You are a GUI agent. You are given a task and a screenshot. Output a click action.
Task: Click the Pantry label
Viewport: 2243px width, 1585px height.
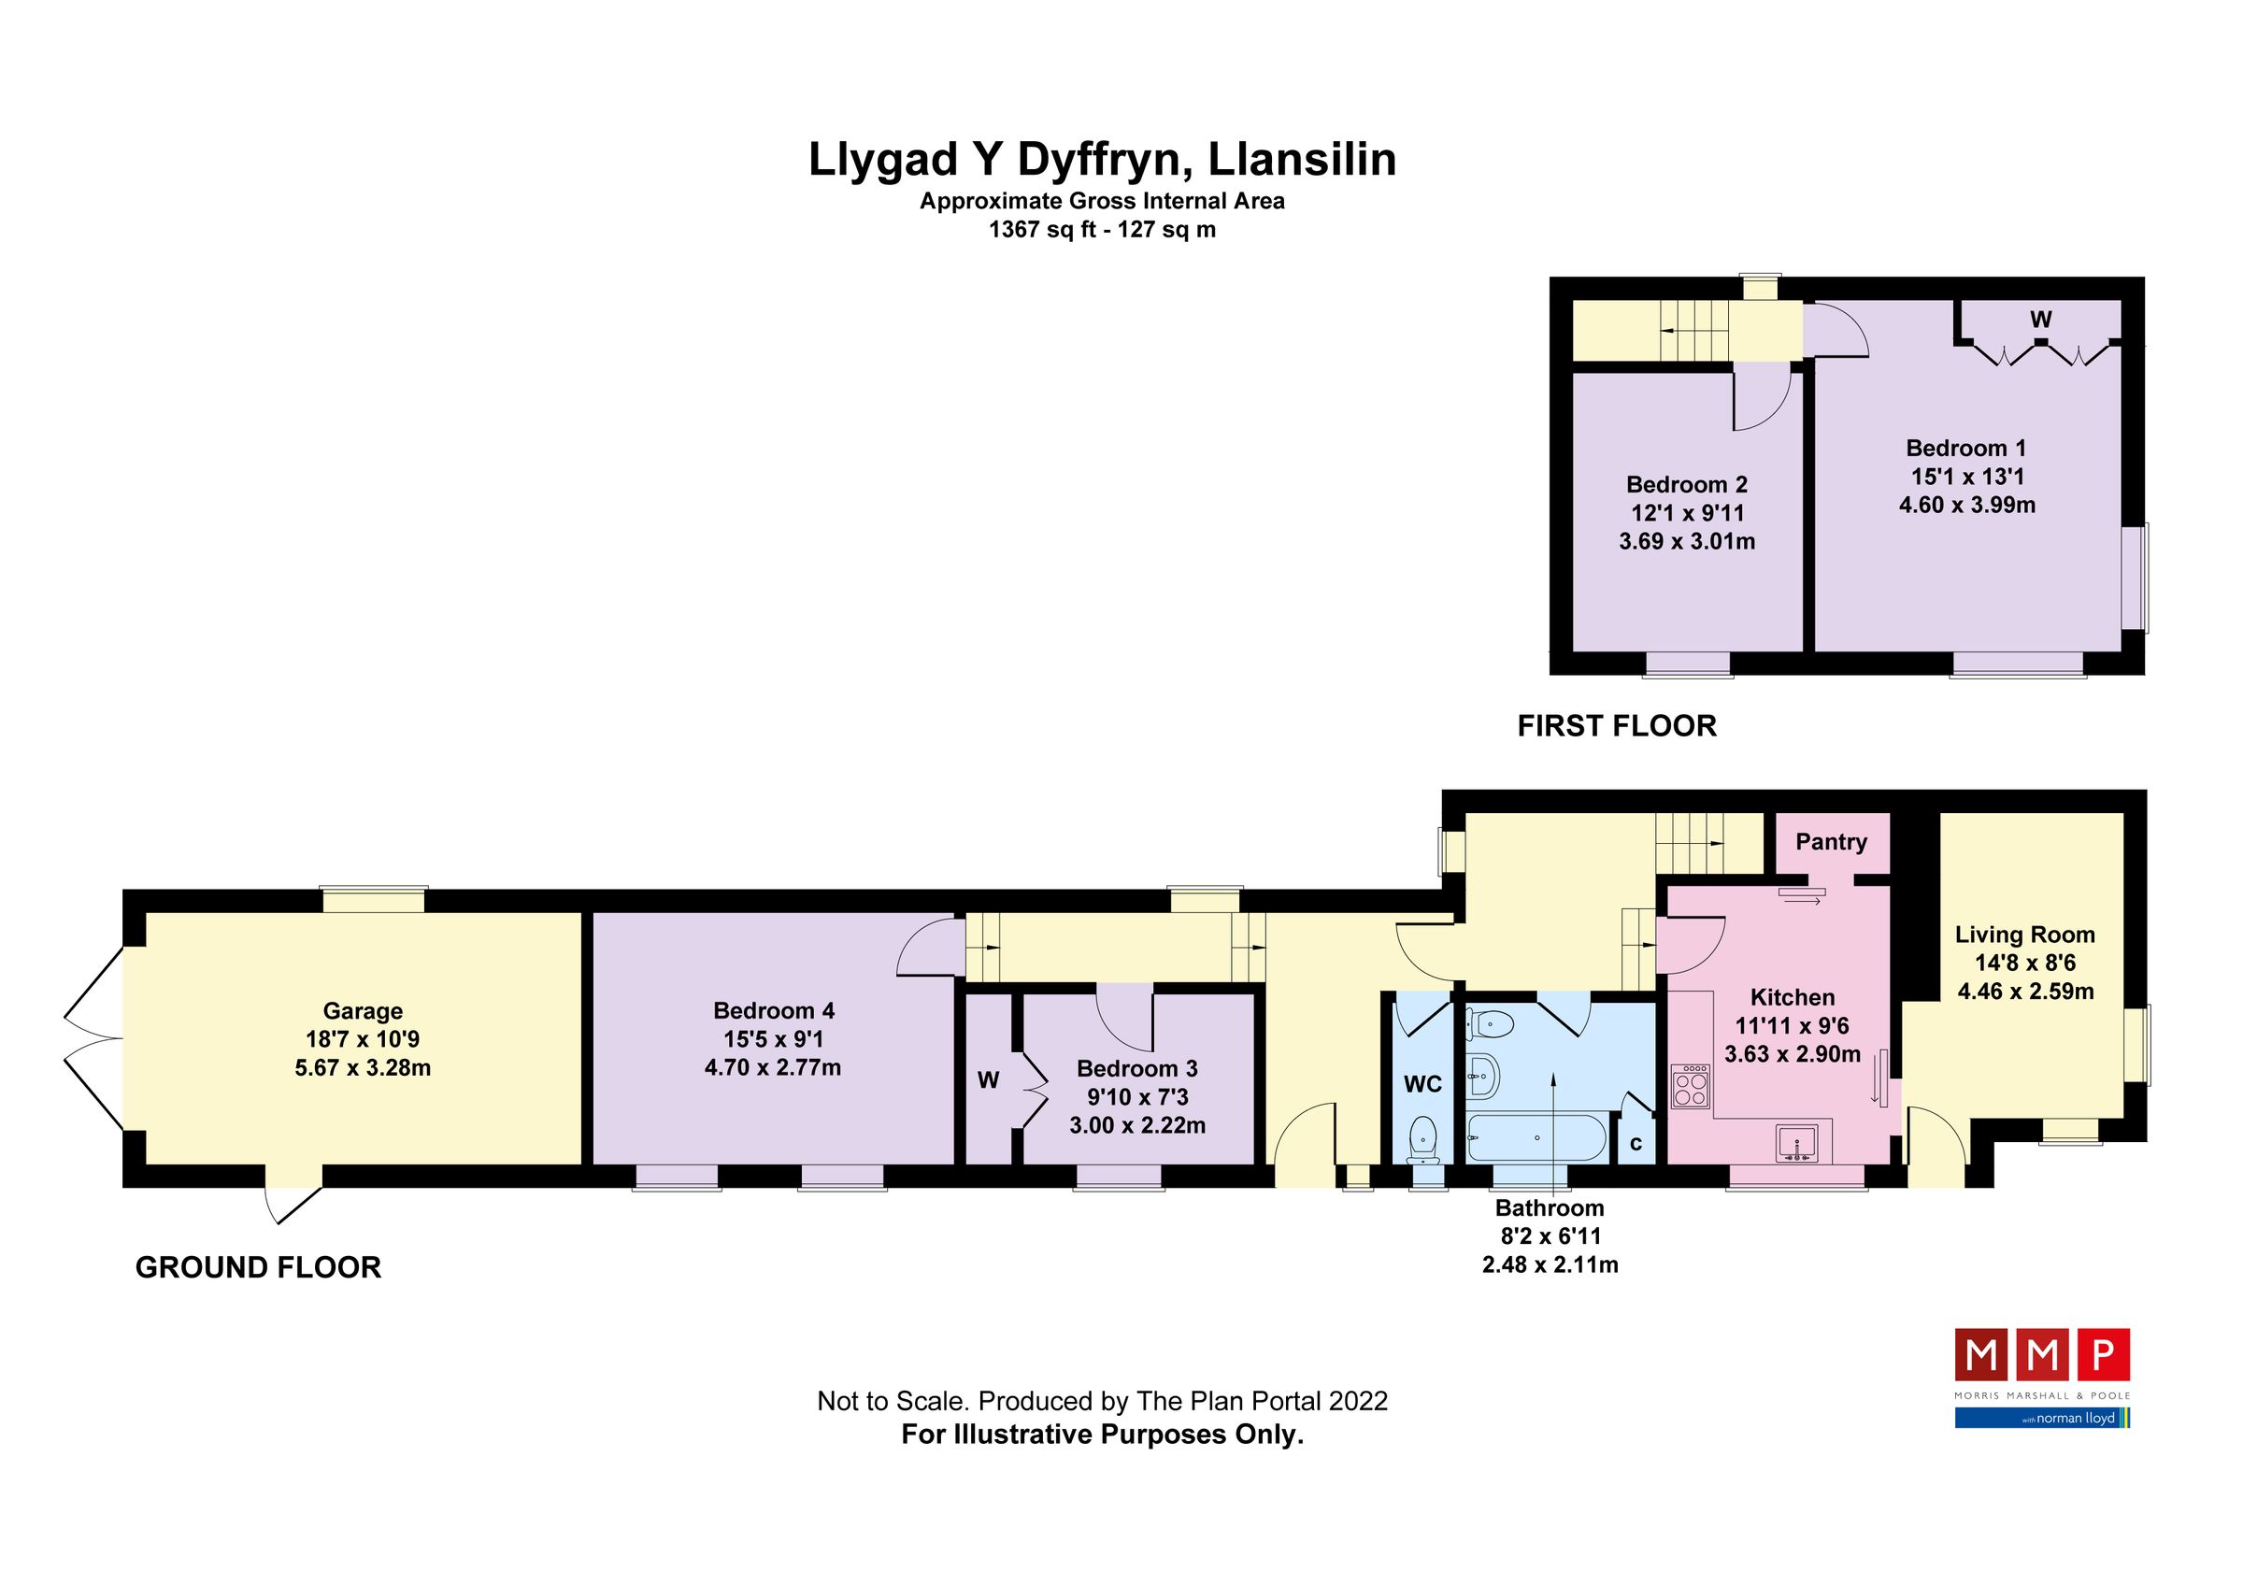tap(1831, 842)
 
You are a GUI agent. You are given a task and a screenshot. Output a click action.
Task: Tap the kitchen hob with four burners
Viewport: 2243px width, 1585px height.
tap(1691, 1086)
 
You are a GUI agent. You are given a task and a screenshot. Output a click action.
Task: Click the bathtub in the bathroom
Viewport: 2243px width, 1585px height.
tap(1536, 1137)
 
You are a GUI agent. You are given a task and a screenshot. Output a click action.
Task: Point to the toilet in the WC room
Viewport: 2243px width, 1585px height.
tap(1424, 1138)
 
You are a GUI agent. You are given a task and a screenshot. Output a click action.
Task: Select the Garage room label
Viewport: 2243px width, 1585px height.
tap(363, 1011)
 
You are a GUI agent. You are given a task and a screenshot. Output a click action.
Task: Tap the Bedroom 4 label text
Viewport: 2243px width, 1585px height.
tap(773, 1011)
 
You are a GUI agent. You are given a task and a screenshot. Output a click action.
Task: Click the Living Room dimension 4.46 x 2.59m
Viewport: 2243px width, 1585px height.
tap(2025, 992)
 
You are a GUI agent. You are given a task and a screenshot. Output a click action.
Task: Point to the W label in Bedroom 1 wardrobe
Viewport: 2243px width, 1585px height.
tap(2041, 320)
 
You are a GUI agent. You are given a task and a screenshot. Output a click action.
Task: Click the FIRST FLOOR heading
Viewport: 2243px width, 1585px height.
tap(1617, 725)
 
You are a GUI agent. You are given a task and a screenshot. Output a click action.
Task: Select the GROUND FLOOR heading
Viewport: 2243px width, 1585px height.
tap(258, 1266)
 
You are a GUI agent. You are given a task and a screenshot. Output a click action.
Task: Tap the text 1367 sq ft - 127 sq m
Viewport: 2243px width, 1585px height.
tap(1102, 231)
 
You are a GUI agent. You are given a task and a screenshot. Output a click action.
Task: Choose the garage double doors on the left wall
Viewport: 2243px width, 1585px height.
tap(93, 1040)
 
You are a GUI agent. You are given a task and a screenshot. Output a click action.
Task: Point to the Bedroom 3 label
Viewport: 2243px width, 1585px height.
tap(1137, 1068)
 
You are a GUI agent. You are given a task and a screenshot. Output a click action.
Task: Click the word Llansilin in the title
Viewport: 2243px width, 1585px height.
tap(1302, 160)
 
